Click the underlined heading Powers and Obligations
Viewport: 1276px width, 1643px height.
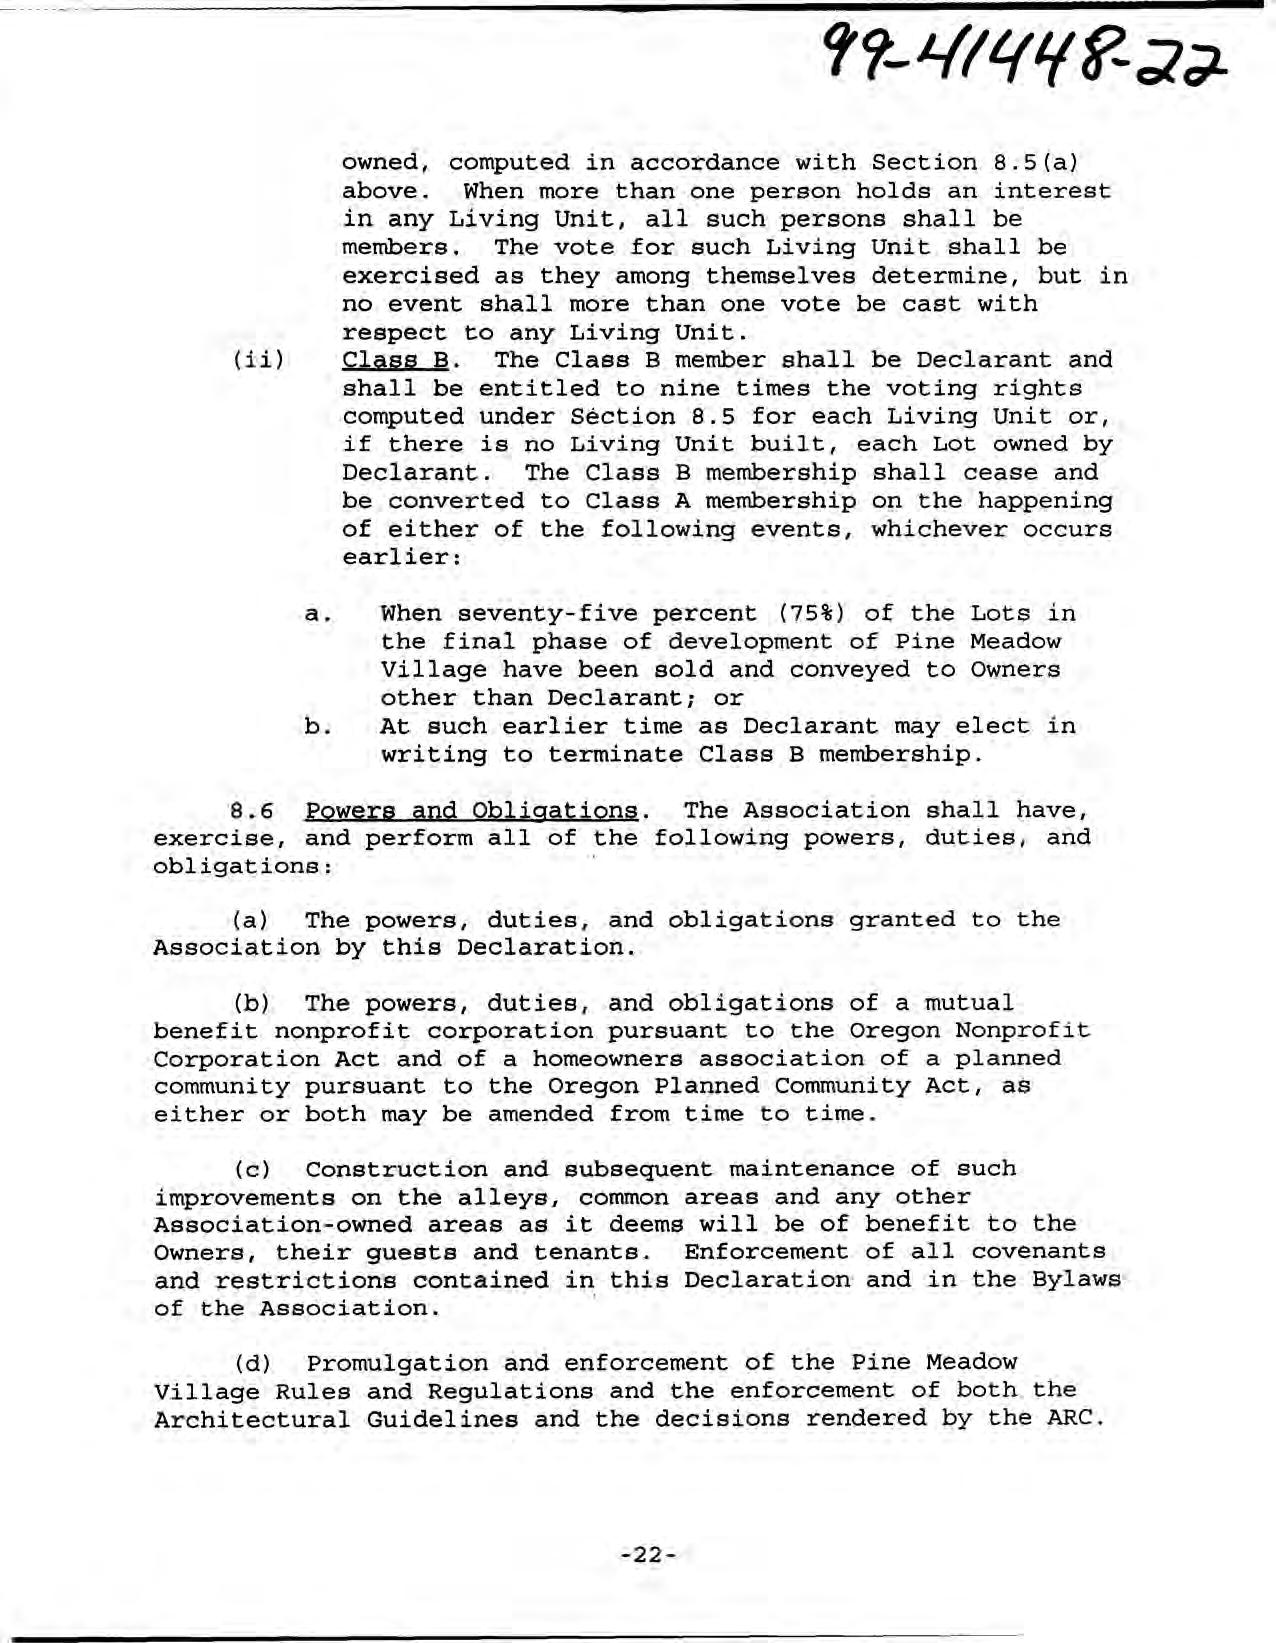tap(471, 810)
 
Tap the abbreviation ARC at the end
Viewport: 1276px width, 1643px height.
tap(1075, 1418)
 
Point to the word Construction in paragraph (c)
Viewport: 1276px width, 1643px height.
tap(396, 1169)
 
